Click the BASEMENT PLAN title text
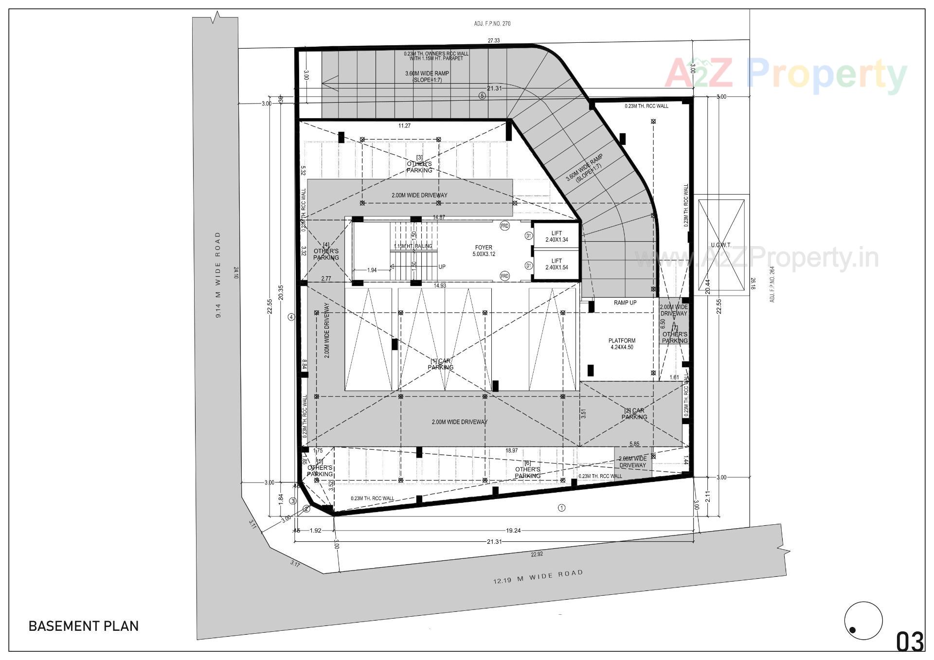(x=84, y=626)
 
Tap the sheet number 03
(x=910, y=642)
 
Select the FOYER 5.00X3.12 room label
(x=484, y=251)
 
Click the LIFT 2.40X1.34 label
(x=557, y=236)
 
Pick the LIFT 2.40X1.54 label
(x=557, y=264)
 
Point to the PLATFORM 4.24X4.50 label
(x=622, y=344)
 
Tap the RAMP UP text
(x=625, y=303)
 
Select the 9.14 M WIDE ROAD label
(x=218, y=275)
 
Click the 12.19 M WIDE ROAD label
(x=538, y=577)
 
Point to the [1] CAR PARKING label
(x=441, y=364)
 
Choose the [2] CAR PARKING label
(x=634, y=414)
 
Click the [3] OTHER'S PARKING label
(x=419, y=164)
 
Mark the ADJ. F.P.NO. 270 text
(x=492, y=24)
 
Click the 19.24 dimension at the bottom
(x=513, y=531)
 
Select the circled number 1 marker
(x=561, y=508)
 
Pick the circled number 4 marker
(x=291, y=317)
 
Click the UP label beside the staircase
(x=442, y=267)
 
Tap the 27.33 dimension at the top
(x=494, y=41)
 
